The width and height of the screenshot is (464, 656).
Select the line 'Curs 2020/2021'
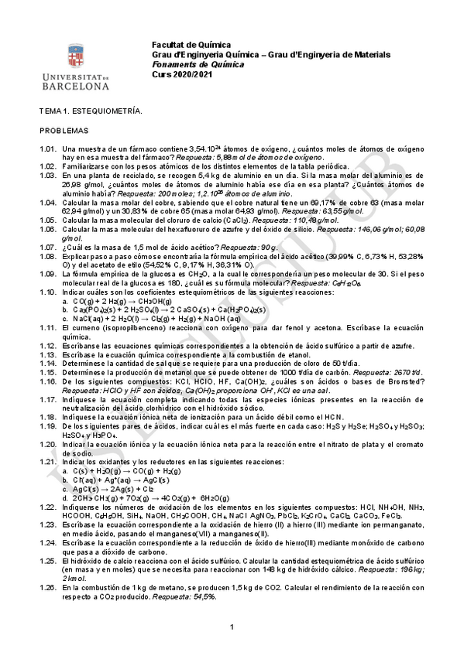(180, 74)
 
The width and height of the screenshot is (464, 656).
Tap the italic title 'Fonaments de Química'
(198, 65)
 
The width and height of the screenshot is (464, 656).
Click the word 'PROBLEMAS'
(65, 131)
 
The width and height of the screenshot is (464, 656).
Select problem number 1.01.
(49, 148)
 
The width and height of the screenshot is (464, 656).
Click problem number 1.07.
(49, 247)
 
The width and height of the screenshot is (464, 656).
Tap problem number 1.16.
(49, 381)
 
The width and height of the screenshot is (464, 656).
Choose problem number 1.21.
(49, 461)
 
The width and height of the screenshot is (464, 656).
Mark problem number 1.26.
(49, 588)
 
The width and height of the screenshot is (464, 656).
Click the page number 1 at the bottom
(232, 626)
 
